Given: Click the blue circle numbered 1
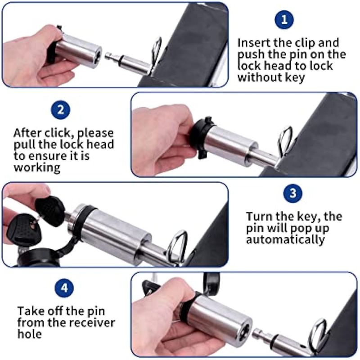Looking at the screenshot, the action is pyautogui.click(x=284, y=19).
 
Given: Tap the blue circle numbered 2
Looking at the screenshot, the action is pyautogui.click(x=61, y=110).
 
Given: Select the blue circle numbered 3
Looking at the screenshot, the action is pyautogui.click(x=293, y=193).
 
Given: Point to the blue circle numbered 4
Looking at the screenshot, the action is pyautogui.click(x=64, y=288).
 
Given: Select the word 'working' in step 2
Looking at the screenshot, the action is pyautogui.click(x=37, y=168).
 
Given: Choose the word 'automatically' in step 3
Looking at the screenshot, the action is pyautogui.click(x=285, y=240).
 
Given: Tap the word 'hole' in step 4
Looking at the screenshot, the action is pyautogui.click(x=30, y=334).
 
